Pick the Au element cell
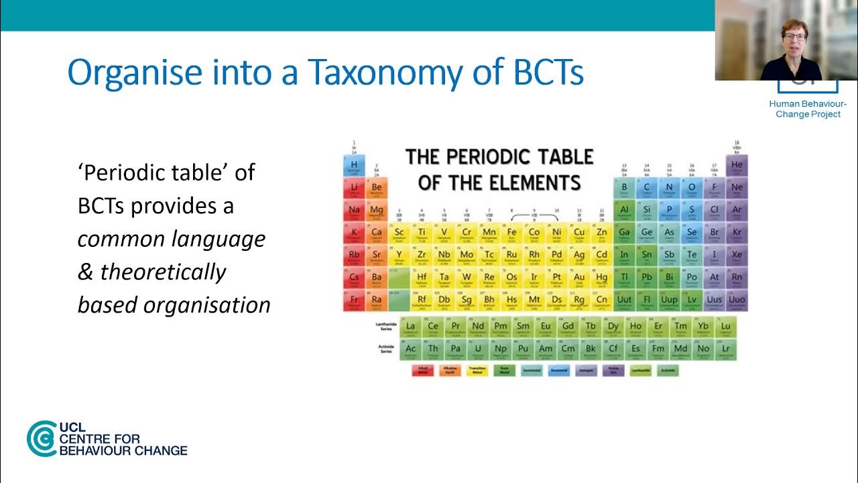point(579,278)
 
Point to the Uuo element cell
point(737,301)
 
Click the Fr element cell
point(354,301)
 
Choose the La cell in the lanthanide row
point(410,327)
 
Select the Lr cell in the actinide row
point(725,349)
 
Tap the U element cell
point(478,349)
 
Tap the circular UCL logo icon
point(42,439)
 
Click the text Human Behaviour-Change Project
point(808,109)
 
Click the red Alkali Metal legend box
point(422,370)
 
